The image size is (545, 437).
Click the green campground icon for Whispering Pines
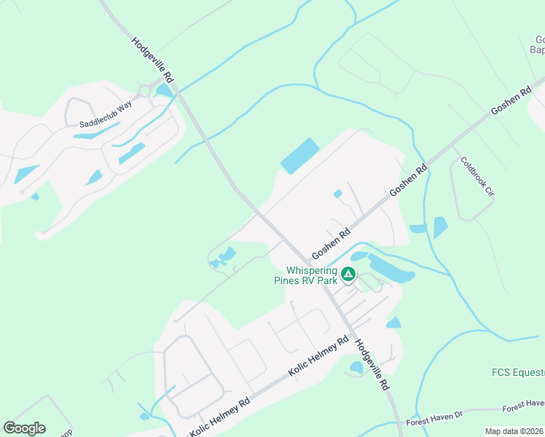tap(348, 274)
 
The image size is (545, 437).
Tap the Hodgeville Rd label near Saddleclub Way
tap(154, 59)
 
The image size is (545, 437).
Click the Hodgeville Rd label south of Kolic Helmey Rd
tap(372, 365)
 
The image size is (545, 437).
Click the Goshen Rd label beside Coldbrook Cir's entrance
tap(409, 178)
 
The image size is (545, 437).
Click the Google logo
tap(25, 428)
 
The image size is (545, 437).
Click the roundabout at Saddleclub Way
tap(144, 91)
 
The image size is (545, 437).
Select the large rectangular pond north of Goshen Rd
tap(299, 156)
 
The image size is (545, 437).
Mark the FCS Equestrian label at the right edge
tap(517, 373)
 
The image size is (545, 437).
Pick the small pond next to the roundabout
tap(164, 91)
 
